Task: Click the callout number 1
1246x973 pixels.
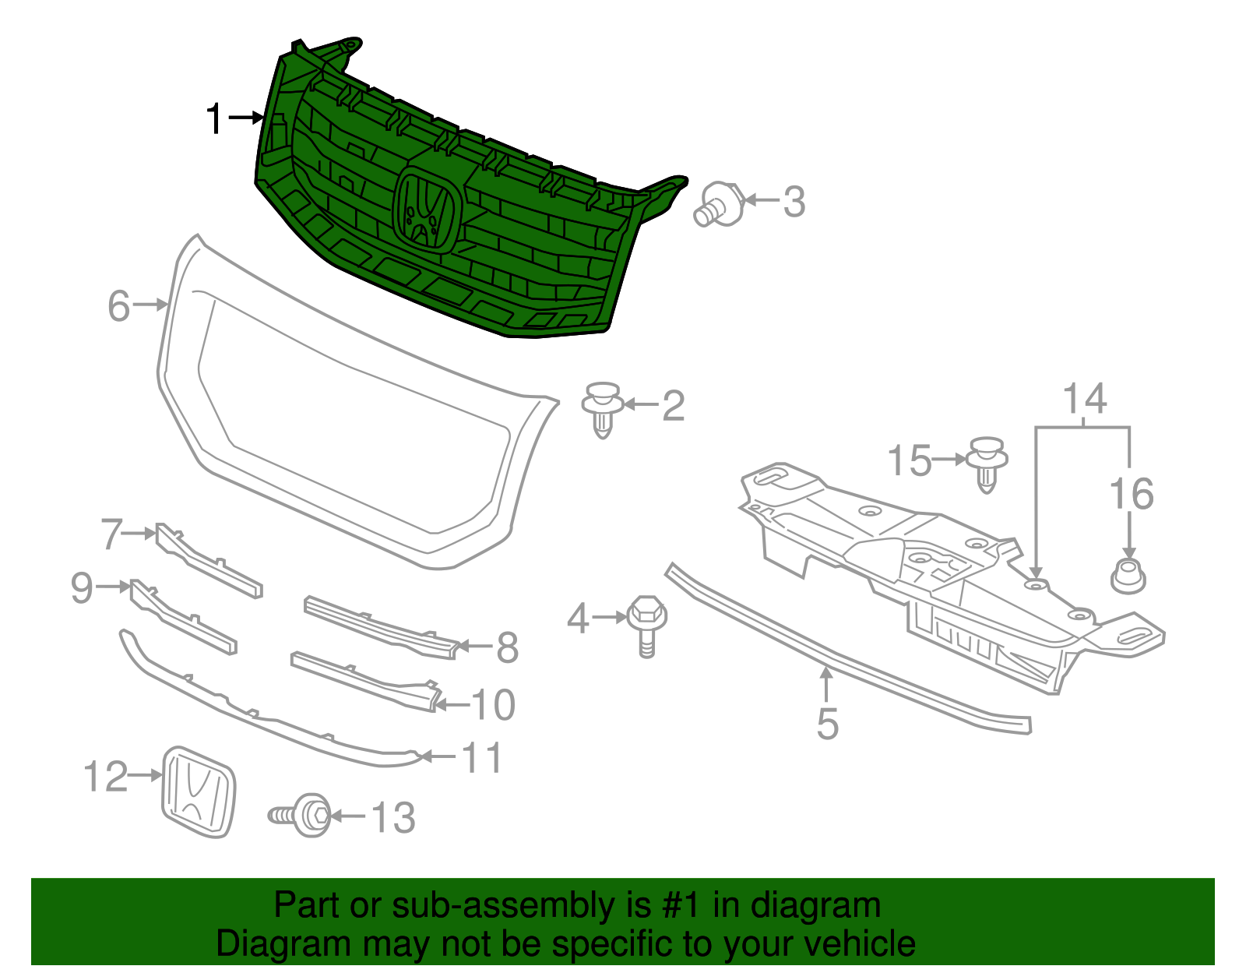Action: pyautogui.click(x=214, y=119)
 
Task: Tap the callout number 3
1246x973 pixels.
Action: pyautogui.click(x=794, y=202)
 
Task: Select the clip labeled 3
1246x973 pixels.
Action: pyautogui.click(x=718, y=204)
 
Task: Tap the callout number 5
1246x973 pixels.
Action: pyautogui.click(x=827, y=724)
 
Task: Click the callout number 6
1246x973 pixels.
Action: pyautogui.click(x=119, y=305)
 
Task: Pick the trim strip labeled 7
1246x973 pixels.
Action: pyautogui.click(x=208, y=560)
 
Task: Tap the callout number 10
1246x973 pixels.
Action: pyautogui.click(x=494, y=705)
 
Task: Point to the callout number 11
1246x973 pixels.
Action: pyautogui.click(x=482, y=757)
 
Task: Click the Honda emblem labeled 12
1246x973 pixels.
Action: pyautogui.click(x=198, y=792)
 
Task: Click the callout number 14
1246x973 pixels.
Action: pyautogui.click(x=1085, y=399)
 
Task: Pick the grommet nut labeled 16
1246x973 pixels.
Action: pyautogui.click(x=1128, y=576)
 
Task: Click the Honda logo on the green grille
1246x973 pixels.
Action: pyautogui.click(x=425, y=208)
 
